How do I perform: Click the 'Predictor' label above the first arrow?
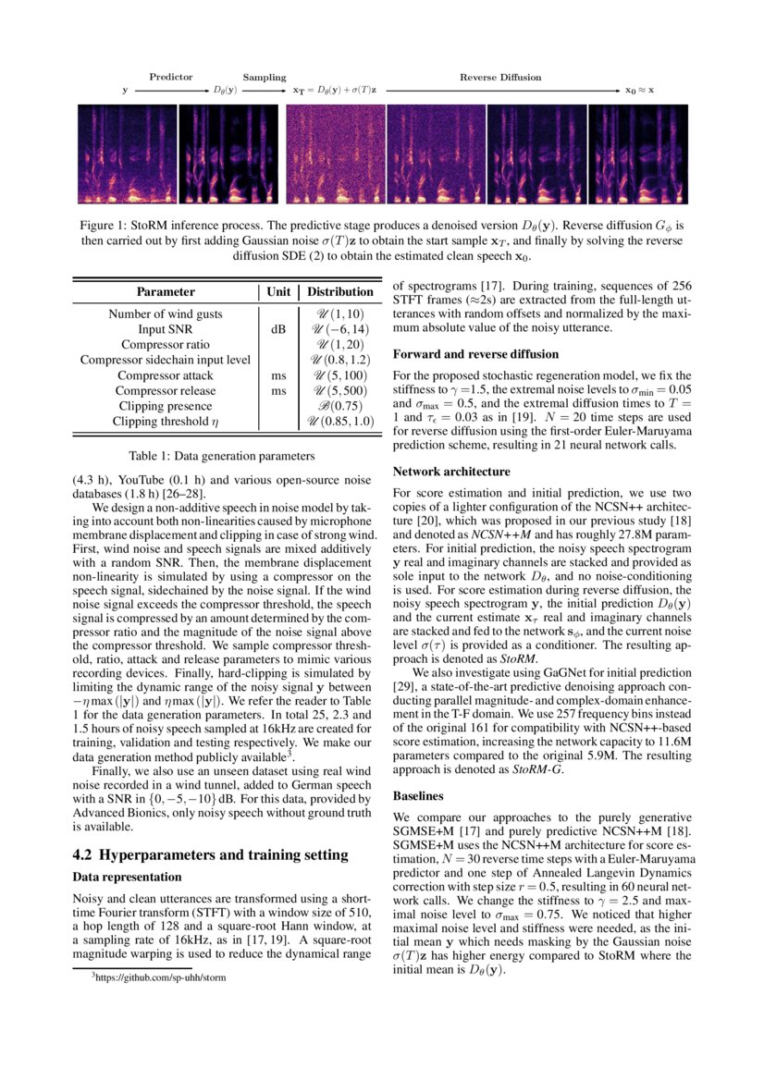pyautogui.click(x=170, y=78)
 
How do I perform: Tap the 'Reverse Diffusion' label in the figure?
pyautogui.click(x=500, y=78)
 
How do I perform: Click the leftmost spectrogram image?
pyautogui.click(x=125, y=154)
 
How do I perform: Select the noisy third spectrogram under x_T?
pyautogui.click(x=335, y=154)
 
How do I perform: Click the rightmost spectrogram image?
pyautogui.click(x=638, y=154)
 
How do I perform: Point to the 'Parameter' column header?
pyautogui.click(x=166, y=292)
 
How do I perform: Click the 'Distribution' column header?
pyautogui.click(x=340, y=292)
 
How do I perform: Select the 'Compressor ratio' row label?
pyautogui.click(x=166, y=344)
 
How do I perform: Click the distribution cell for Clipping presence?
pyautogui.click(x=340, y=406)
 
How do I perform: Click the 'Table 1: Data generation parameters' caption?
pyautogui.click(x=222, y=455)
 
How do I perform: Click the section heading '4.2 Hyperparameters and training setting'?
pyautogui.click(x=198, y=854)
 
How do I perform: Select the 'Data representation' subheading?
pyautogui.click(x=128, y=877)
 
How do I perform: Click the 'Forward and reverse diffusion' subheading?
pyautogui.click(x=475, y=354)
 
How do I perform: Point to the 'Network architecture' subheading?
pyautogui.click(x=451, y=472)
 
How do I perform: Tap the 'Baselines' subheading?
pyautogui.click(x=419, y=795)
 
